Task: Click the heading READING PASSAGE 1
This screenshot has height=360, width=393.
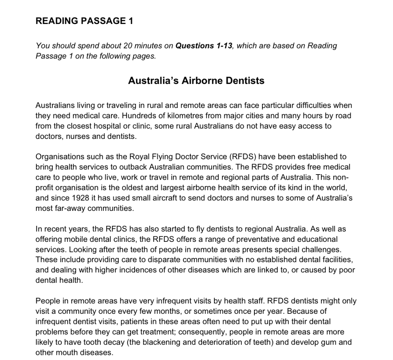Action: point(84,21)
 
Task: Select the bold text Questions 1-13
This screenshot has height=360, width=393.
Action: point(204,46)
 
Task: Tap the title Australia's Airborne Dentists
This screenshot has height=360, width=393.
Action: point(196,80)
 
